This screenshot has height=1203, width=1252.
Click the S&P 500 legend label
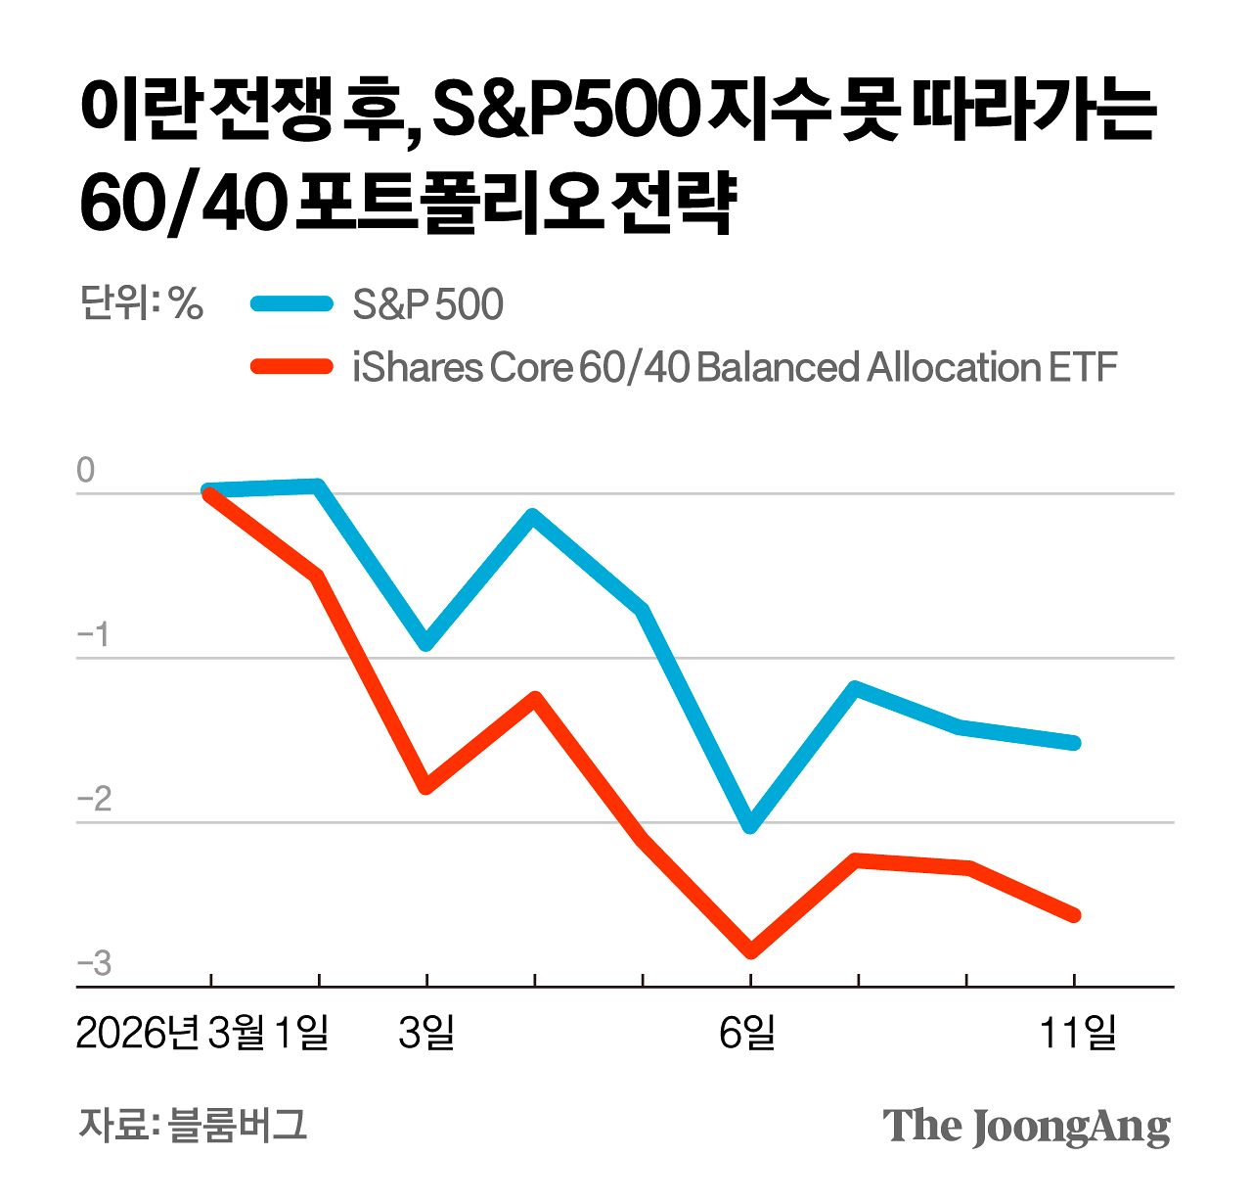pos(427,304)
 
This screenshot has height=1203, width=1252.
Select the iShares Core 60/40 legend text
pos(734,367)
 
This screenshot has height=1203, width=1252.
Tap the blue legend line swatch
pos(291,303)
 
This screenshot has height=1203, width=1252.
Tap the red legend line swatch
pos(291,367)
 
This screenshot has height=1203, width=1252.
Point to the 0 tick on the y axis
pos(86,471)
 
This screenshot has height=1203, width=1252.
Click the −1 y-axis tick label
pos(93,635)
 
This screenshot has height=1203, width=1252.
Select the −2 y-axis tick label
pos(94,800)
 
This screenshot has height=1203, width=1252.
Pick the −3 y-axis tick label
pos(94,964)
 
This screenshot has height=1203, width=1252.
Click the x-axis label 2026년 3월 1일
pos(202,1033)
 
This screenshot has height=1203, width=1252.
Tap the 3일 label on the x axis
pos(426,1033)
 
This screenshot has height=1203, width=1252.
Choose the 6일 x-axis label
pos(748,1033)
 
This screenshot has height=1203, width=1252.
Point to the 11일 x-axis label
pos(1077,1033)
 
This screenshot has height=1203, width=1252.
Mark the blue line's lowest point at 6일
pos(750,826)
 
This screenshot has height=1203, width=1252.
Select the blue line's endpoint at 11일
pos(1074,743)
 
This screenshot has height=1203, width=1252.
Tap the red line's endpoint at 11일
pos(1074,915)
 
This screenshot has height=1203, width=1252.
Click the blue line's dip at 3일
pos(426,644)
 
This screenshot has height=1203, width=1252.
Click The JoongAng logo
pos(1026,1126)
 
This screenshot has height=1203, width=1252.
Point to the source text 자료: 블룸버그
pos(193,1125)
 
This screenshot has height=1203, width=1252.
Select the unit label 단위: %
pos(141,303)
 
